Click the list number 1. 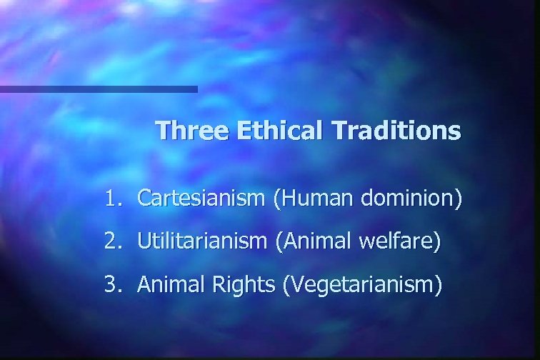tap(111, 198)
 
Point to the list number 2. tap(111, 242)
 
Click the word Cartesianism tap(201, 198)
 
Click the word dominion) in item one tap(410, 198)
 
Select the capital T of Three tap(162, 131)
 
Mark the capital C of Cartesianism tap(144, 198)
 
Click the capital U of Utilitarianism tap(143, 242)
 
